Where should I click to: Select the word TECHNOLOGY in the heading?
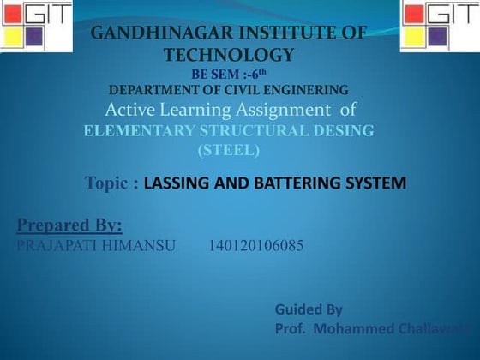point(229,55)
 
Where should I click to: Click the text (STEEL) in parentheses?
point(228,150)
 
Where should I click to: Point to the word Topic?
point(111,183)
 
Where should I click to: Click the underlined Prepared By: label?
point(69,225)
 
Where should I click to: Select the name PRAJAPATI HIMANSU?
point(96,246)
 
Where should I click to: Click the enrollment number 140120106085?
point(255,246)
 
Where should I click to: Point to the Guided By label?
point(309,309)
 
